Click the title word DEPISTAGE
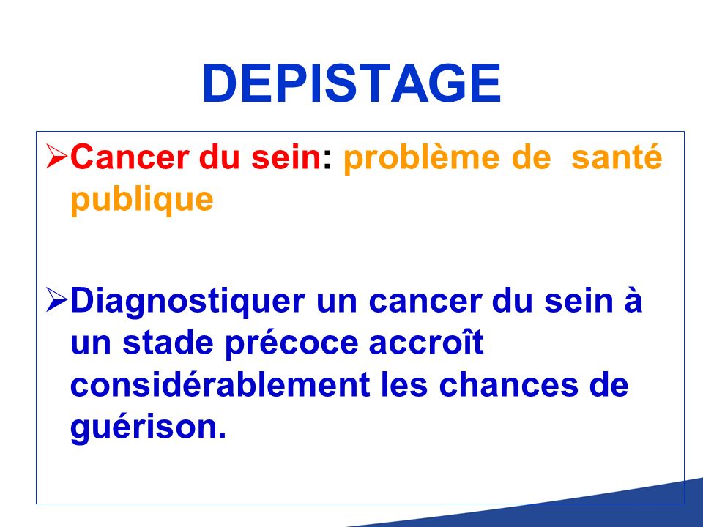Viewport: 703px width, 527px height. pyautogui.click(x=351, y=83)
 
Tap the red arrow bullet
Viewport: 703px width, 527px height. pyautogui.click(x=57, y=156)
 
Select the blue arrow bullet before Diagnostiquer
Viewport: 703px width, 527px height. pyautogui.click(x=57, y=300)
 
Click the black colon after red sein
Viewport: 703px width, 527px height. pyautogui.click(x=327, y=160)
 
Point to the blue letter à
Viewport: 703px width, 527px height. pyautogui.click(x=632, y=299)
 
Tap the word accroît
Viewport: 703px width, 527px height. pyautogui.click(x=426, y=343)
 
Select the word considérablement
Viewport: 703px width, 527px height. pyautogui.click(x=220, y=384)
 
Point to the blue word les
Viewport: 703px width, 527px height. pyautogui.click(x=404, y=384)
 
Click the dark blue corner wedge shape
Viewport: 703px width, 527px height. pyautogui.click(x=583, y=511)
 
